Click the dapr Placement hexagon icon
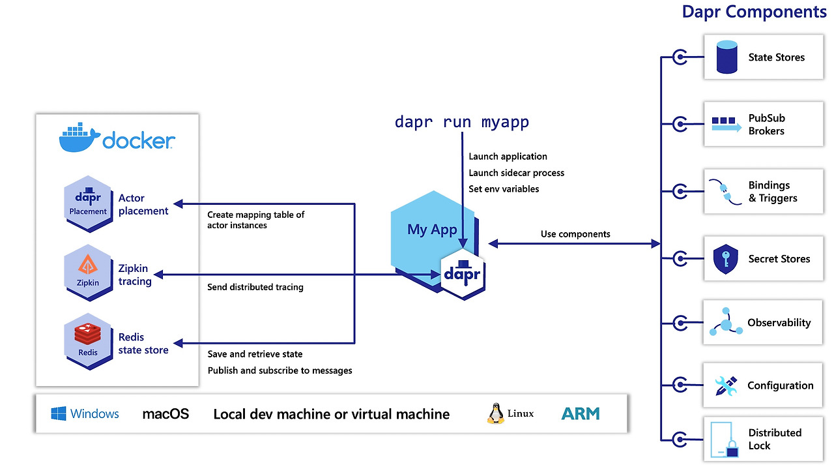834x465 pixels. (88, 203)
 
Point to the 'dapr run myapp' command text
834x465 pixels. (462, 122)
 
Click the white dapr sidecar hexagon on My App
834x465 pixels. (463, 273)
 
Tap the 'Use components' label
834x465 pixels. (575, 234)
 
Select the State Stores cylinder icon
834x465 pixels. (726, 57)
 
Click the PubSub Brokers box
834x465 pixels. (763, 124)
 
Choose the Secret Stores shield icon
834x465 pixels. (725, 259)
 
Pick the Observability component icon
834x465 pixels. (726, 323)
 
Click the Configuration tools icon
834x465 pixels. (725, 385)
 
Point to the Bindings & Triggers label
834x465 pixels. (772, 192)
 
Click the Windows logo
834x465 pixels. (59, 413)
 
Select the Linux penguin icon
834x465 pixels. (496, 413)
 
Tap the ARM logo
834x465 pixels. (580, 413)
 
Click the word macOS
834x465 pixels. (165, 413)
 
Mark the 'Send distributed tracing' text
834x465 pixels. (255, 287)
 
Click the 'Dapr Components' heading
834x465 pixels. (754, 11)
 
